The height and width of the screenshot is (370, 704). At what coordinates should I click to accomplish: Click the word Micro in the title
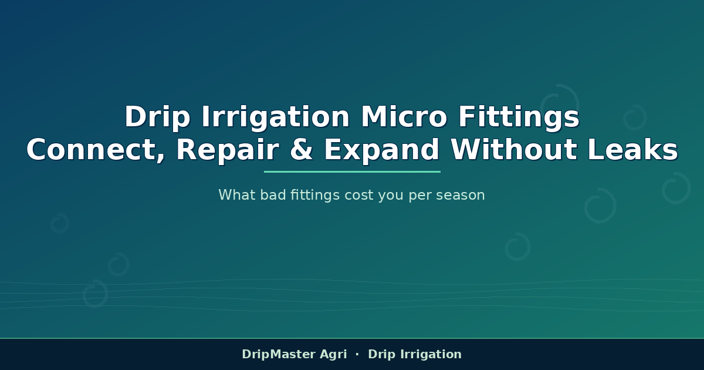[x=404, y=117]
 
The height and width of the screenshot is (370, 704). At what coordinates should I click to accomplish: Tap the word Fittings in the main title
[x=519, y=118]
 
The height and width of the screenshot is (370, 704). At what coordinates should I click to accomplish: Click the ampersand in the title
[x=302, y=150]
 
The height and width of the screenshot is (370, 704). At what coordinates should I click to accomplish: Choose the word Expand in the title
[x=382, y=151]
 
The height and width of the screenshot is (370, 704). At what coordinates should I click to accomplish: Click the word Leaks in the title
[x=633, y=149]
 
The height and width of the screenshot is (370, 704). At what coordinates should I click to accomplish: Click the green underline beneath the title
[x=352, y=171]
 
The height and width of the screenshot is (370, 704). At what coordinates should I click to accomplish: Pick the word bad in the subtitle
[x=273, y=195]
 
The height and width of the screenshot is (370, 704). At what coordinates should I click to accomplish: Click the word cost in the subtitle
[x=359, y=196]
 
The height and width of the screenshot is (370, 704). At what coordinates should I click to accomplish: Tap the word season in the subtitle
[x=461, y=196]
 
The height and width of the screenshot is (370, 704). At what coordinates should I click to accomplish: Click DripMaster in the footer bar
[x=279, y=354]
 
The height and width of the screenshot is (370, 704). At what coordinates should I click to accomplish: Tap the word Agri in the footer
[x=333, y=355]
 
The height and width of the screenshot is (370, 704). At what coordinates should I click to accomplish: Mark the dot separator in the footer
[x=357, y=354]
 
